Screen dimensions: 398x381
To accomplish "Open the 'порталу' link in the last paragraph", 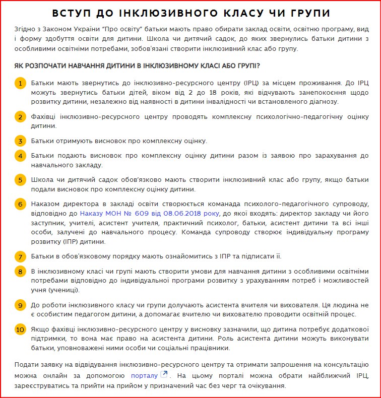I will click(144, 375).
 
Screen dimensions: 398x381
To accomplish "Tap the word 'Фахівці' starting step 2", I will click(43, 117).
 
